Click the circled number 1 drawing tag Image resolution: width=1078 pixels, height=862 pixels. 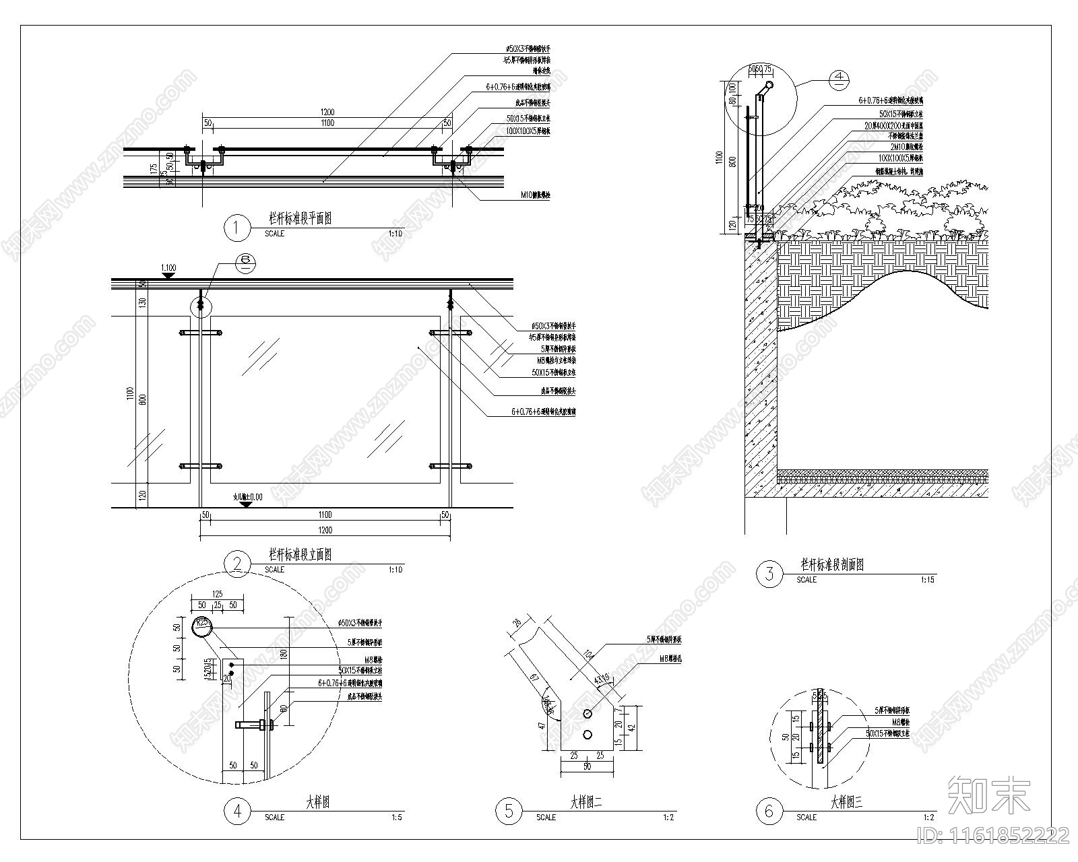[236, 228]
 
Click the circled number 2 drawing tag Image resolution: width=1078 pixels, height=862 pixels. [236, 564]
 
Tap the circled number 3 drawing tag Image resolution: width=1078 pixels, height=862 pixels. [769, 574]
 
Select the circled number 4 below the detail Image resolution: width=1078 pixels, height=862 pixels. [237, 811]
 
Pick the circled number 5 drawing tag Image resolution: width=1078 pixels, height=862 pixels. [509, 811]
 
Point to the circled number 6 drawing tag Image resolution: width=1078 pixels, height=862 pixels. [769, 811]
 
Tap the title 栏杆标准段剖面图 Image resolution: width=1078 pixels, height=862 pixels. [832, 564]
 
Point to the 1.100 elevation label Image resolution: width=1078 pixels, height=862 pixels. [168, 268]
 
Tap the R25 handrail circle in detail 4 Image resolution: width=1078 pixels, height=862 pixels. [201, 627]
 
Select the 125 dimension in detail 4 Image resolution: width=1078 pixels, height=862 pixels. [217, 594]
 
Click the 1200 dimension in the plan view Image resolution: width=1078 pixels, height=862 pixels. [327, 112]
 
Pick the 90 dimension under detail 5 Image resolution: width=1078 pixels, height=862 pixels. [588, 766]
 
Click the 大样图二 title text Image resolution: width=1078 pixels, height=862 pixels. [586, 803]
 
